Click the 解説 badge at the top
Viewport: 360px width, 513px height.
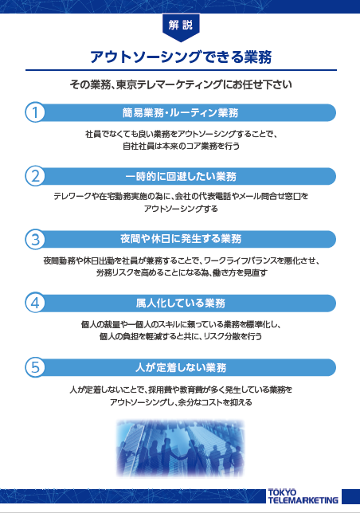pos(181,27)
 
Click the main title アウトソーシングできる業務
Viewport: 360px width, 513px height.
pos(181,57)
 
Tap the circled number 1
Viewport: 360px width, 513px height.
pos(35,112)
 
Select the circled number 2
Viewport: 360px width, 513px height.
pos(35,176)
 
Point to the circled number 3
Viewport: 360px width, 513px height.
pos(35,239)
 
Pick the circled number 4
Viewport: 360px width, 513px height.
pos(35,303)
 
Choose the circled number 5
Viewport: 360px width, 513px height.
pos(35,367)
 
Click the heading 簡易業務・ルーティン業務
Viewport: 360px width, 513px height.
pos(180,113)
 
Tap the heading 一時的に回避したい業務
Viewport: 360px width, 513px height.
pos(181,177)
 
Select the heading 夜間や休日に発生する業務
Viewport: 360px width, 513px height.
pos(181,239)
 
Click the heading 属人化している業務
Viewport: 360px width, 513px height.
pos(181,303)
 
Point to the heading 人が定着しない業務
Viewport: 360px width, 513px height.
pos(181,367)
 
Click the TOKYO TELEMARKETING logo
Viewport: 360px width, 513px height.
pos(303,496)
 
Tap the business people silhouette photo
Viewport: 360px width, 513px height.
pos(180,448)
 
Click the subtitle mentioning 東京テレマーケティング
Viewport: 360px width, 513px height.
pos(181,84)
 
